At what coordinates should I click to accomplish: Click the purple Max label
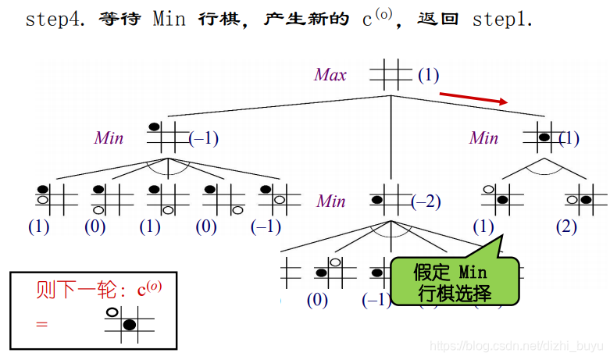coord(330,75)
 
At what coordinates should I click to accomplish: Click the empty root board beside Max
coord(391,75)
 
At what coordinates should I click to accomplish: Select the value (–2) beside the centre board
coord(426,201)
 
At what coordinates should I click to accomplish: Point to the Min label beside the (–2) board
coord(331,201)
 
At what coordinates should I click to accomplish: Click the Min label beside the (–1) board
coord(109,138)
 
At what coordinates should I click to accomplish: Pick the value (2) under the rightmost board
coord(566,226)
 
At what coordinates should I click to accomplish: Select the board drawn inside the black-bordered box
coord(130,321)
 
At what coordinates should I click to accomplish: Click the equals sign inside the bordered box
coord(41,323)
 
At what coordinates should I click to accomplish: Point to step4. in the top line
coord(54,19)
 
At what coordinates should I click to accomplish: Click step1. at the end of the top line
coord(502,19)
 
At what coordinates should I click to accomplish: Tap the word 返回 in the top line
coord(438,19)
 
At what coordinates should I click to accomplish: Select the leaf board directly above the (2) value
coord(586,199)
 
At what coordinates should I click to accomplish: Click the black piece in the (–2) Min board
coord(377,200)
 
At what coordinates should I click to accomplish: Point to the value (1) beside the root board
coord(428,75)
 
